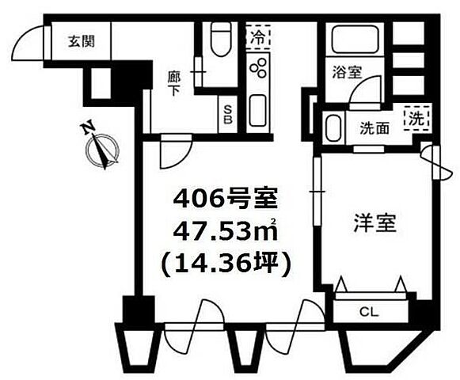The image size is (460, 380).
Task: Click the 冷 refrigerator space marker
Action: pyautogui.click(x=259, y=36)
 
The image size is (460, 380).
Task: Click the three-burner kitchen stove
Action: pyautogui.click(x=258, y=70)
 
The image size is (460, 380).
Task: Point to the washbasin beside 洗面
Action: pyautogui.click(x=333, y=127)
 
